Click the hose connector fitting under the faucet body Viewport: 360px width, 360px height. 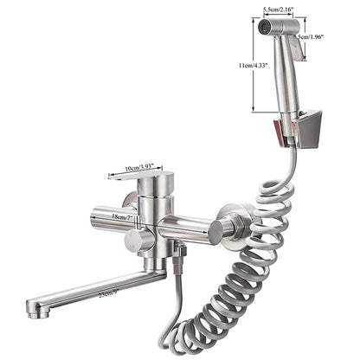pyautogui.click(x=179, y=254)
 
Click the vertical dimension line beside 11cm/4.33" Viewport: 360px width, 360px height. pyautogui.click(x=252, y=64)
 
